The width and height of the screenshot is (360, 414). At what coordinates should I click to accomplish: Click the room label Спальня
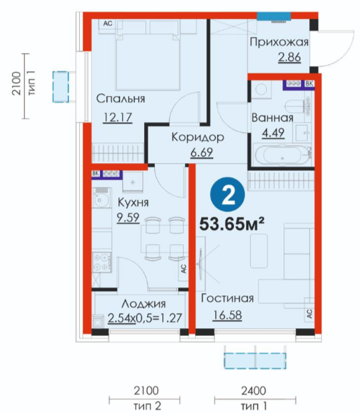(x=121, y=99)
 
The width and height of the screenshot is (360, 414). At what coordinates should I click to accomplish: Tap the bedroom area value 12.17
(x=117, y=117)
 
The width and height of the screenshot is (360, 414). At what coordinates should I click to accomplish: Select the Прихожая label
(x=279, y=42)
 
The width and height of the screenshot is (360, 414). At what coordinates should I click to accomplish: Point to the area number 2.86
(x=290, y=57)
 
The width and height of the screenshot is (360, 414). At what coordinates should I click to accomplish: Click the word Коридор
(x=198, y=138)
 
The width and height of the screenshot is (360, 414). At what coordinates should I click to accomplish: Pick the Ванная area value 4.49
(x=273, y=133)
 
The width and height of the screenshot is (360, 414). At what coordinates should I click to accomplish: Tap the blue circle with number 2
(x=227, y=195)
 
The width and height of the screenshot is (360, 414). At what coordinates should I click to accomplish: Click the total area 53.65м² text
(x=232, y=224)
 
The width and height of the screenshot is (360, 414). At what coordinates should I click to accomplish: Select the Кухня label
(x=133, y=203)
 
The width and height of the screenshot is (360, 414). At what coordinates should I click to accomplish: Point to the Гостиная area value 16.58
(x=227, y=315)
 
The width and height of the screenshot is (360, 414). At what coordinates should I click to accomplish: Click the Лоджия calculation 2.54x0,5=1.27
(x=145, y=318)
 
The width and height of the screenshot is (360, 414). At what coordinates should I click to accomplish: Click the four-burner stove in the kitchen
(x=101, y=262)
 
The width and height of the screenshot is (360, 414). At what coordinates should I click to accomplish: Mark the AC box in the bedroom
(x=108, y=23)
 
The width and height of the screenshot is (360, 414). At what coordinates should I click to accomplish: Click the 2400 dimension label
(x=253, y=391)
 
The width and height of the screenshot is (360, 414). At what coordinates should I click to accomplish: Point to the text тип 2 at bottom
(x=147, y=406)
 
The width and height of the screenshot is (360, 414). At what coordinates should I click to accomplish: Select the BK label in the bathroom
(x=309, y=84)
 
